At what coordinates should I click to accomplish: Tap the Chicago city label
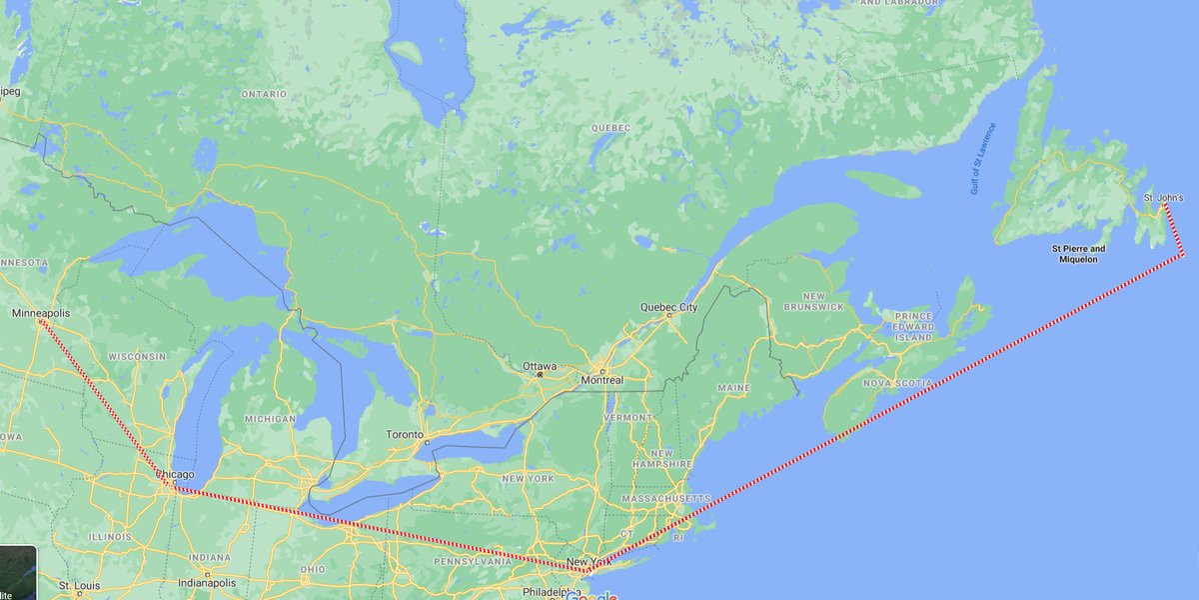(x=176, y=474)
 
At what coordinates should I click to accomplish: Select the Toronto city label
(x=407, y=435)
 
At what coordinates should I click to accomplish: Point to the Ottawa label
(x=539, y=365)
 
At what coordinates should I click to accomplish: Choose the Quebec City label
(x=668, y=307)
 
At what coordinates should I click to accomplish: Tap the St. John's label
(x=1163, y=198)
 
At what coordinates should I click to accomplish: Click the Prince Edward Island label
(x=913, y=327)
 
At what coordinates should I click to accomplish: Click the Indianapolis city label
(x=206, y=582)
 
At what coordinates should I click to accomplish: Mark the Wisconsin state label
(x=137, y=356)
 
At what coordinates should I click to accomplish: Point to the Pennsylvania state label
(x=473, y=561)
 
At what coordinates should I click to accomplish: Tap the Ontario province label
(x=264, y=94)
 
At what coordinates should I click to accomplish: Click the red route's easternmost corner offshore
(x=1183, y=255)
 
